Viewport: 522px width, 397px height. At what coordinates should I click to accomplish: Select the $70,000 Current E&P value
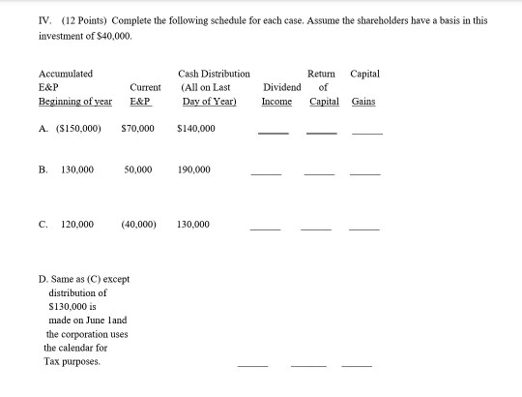point(139,126)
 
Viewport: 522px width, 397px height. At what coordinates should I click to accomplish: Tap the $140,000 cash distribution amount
point(197,126)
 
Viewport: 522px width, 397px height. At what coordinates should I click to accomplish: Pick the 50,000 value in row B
point(138,168)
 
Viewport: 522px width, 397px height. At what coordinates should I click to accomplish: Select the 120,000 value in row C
point(77,224)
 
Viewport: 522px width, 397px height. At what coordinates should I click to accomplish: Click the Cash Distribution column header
point(214,73)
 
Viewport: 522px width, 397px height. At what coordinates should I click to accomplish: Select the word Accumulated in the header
point(66,73)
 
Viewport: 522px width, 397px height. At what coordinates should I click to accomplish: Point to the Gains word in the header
point(364,101)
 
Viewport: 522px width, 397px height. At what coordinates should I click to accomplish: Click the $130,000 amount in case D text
point(69,304)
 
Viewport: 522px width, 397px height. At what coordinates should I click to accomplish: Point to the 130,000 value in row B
point(77,168)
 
